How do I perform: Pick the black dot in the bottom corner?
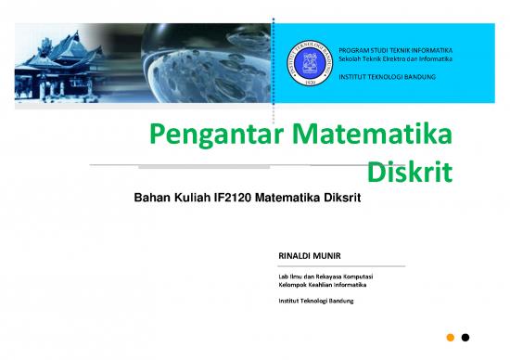pos(465,337)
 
